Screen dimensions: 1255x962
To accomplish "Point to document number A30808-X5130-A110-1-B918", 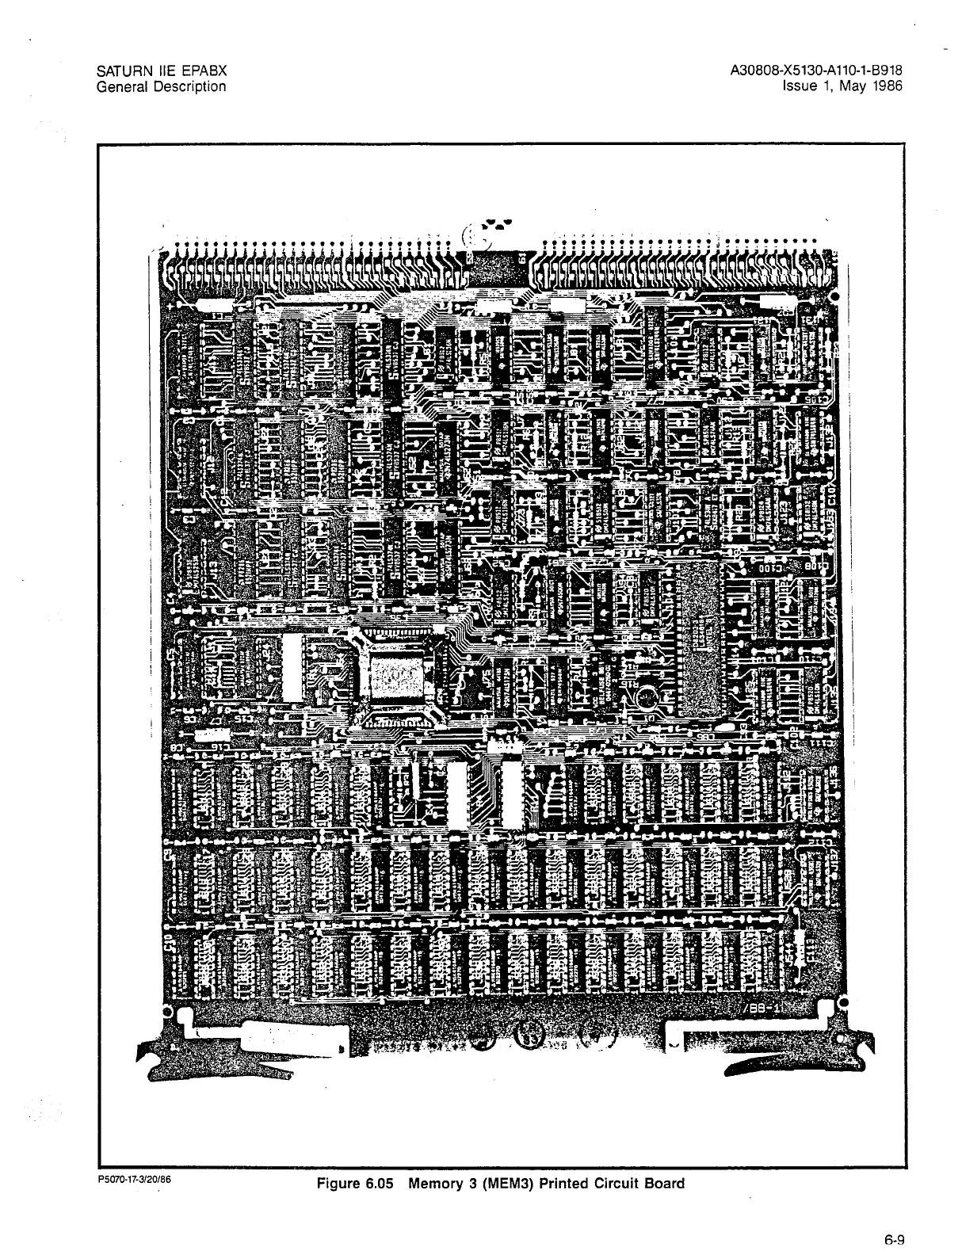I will point(816,72).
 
